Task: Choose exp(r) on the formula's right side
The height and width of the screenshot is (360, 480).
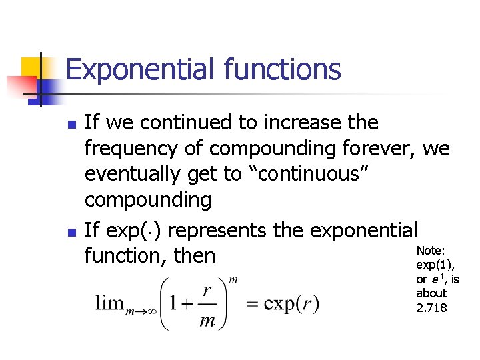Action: pyautogui.click(x=291, y=304)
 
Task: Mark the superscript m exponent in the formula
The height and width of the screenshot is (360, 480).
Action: pyautogui.click(x=233, y=280)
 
